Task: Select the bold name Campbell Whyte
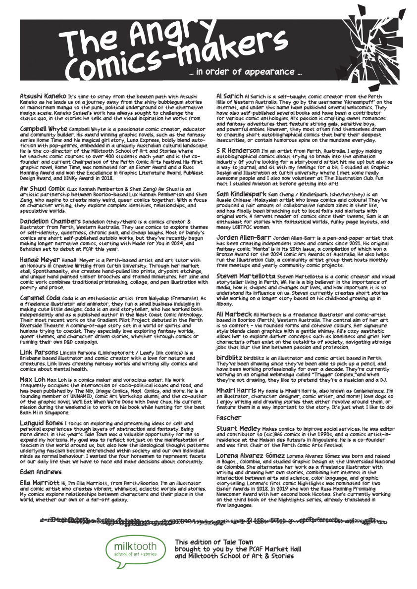coord(43,128)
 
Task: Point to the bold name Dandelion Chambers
coord(50,221)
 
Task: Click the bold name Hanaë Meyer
coord(39,260)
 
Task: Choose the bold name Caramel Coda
coord(40,298)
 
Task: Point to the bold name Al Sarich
coord(230,95)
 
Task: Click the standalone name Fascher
coord(228,404)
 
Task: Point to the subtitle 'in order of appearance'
coord(246,72)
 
